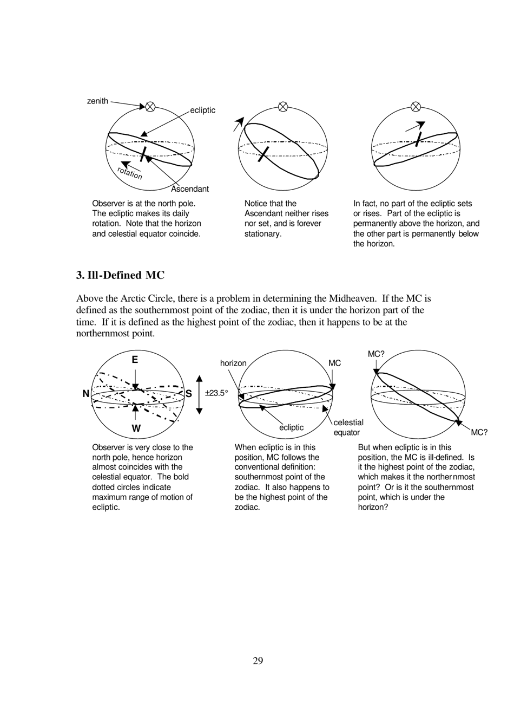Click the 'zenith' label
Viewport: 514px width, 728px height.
coord(97,101)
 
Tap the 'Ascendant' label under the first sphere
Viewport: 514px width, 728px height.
coord(189,189)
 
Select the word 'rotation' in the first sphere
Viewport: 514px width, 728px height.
coord(130,173)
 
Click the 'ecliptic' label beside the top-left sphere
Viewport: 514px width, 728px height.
coord(202,110)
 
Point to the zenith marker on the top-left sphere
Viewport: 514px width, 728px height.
coord(150,107)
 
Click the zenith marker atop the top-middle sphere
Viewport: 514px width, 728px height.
coord(282,107)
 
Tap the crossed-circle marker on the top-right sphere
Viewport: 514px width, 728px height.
coord(416,107)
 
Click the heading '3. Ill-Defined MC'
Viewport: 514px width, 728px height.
coord(120,275)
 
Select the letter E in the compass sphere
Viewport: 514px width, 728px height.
coord(135,360)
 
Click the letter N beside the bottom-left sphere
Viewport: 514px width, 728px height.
coord(85,394)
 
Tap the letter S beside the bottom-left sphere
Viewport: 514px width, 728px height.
coord(189,394)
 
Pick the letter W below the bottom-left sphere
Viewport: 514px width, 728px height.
coord(136,428)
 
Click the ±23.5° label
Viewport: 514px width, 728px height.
coord(216,393)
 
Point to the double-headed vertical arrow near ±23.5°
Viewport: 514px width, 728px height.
coord(199,394)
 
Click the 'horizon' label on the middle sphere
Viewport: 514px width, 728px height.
coord(233,363)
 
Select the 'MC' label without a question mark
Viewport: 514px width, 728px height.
coord(335,363)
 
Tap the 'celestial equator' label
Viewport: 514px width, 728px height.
coord(348,427)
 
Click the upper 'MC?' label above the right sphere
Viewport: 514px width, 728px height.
coord(376,354)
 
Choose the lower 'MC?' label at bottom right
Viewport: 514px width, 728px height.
coord(479,432)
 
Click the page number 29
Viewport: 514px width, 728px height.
coord(258,661)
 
